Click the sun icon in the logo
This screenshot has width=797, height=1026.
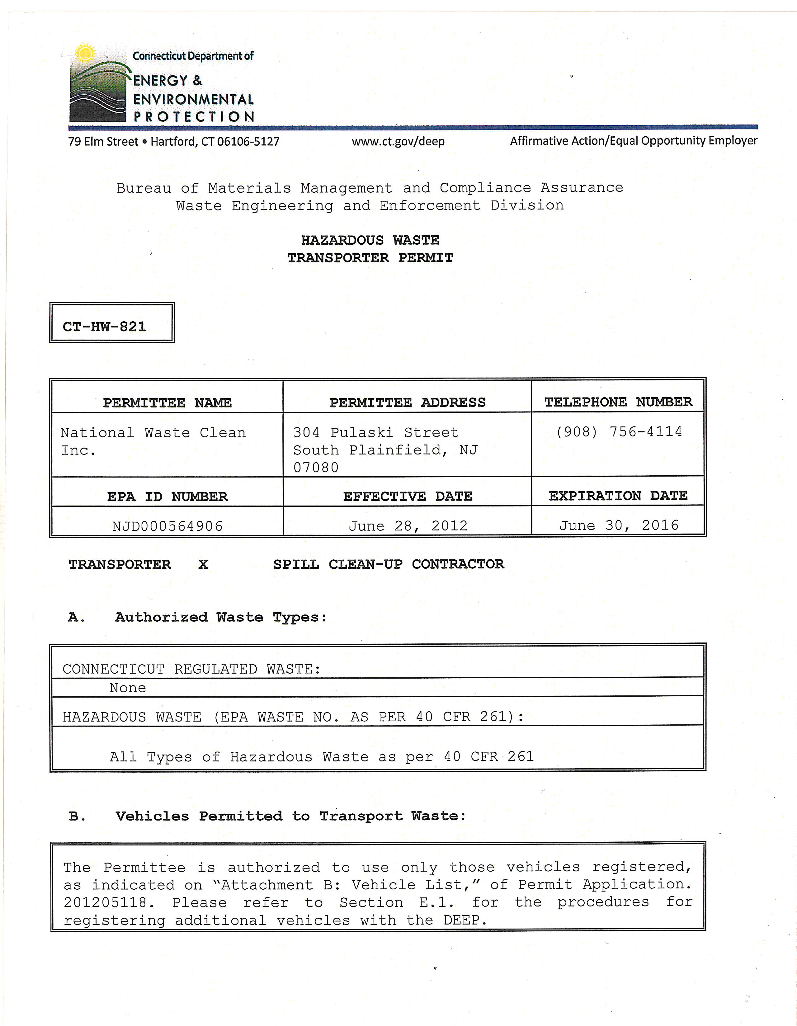pos(85,53)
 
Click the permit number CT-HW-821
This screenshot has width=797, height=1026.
pos(104,327)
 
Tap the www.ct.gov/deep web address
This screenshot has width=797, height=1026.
pos(398,141)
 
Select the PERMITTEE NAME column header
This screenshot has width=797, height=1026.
pos(167,402)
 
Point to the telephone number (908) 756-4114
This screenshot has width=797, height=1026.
pos(618,431)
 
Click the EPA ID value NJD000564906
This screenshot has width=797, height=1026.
pos(167,526)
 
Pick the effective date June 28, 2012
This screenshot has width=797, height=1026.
pos(408,526)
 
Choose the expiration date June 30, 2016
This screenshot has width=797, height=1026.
pos(618,525)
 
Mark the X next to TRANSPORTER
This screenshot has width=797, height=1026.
pos(203,564)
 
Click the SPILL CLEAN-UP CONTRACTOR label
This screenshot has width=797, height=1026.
pos(388,564)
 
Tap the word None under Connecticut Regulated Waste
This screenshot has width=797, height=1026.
pos(128,688)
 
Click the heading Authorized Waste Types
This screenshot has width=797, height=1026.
pos(220,617)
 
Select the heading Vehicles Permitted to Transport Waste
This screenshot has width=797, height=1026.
pos(290,816)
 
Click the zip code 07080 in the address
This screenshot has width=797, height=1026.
pos(316,468)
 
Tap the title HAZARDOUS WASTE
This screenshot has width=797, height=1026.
pos(370,240)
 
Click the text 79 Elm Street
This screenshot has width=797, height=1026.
pos(103,141)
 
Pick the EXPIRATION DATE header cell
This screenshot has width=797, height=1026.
pos(618,496)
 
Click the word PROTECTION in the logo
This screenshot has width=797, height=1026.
pos(194,116)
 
